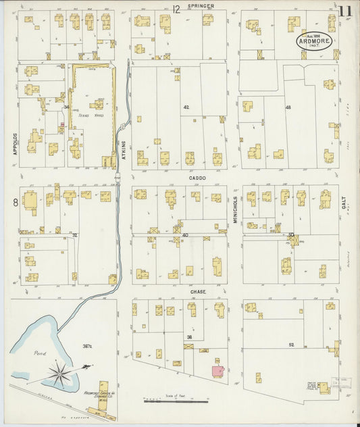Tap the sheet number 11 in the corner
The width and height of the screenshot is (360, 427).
pyautogui.click(x=345, y=11)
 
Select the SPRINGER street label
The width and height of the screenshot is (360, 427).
pyautogui.click(x=201, y=6)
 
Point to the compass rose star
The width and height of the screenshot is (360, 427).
pyautogui.click(x=59, y=372)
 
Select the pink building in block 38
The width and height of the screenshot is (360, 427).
pyautogui.click(x=217, y=371)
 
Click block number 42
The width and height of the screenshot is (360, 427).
pyautogui.click(x=186, y=107)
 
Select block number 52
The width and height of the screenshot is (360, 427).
pyautogui.click(x=291, y=345)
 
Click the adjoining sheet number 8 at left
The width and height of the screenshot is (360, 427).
pyautogui.click(x=14, y=201)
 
